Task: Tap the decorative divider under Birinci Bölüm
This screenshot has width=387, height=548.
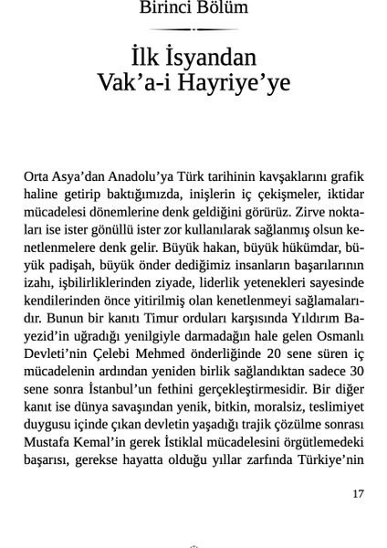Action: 193,28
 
